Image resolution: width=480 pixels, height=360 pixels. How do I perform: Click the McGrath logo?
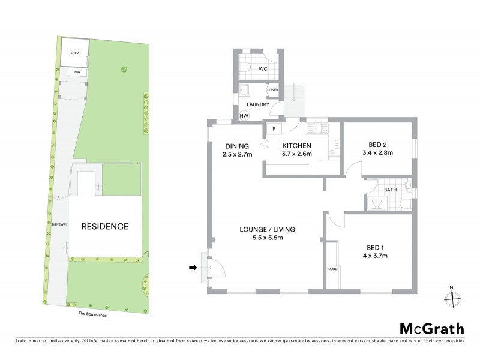click(x=431, y=328)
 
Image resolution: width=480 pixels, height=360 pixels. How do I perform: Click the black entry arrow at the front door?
click(x=193, y=268)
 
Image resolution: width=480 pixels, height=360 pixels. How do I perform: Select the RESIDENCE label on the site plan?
click(x=105, y=227)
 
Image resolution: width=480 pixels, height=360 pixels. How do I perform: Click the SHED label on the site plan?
click(x=75, y=52)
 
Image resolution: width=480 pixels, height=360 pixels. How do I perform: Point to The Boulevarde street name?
click(x=92, y=313)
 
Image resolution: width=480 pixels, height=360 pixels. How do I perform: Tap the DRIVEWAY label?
click(x=58, y=224)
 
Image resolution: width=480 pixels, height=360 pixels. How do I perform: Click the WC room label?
click(x=263, y=69)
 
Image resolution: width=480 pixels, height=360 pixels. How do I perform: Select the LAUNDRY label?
click(x=257, y=104)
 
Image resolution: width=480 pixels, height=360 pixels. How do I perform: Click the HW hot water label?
click(x=244, y=116)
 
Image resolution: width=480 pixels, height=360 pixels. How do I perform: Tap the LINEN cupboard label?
click(x=274, y=90)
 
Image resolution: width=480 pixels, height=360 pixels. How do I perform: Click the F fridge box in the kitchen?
click(x=274, y=128)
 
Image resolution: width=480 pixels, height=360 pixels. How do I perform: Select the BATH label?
click(x=391, y=190)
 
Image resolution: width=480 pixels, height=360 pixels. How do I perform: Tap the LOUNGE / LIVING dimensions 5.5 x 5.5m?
click(x=267, y=238)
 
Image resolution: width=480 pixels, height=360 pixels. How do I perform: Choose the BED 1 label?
click(x=377, y=247)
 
